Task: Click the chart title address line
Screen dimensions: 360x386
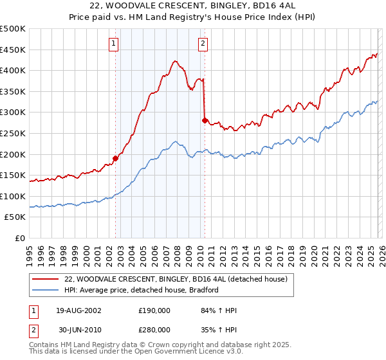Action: click(x=192, y=6)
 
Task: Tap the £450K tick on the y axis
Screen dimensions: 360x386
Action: click(x=13, y=50)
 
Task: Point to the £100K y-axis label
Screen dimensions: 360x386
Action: click(x=13, y=196)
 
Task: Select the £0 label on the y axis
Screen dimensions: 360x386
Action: click(x=21, y=238)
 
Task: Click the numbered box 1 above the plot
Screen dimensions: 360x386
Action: click(x=113, y=44)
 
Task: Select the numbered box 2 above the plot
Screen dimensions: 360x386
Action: click(x=203, y=44)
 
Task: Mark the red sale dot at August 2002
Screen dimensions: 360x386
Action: click(x=116, y=157)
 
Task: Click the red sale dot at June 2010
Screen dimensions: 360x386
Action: click(x=205, y=120)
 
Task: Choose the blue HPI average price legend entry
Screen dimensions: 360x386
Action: click(x=142, y=290)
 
